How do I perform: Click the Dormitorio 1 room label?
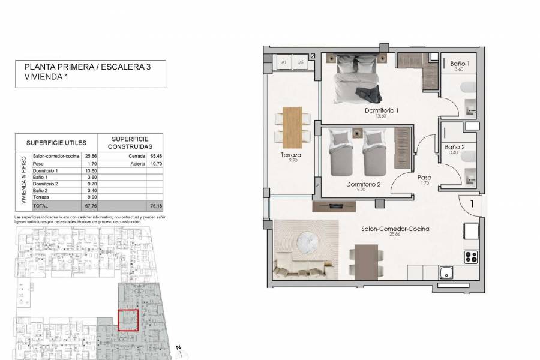tap(382, 110)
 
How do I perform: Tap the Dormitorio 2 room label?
tap(364, 184)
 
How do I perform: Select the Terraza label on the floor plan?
tap(294, 155)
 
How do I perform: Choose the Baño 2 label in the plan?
tap(454, 146)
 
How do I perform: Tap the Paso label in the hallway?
tap(425, 178)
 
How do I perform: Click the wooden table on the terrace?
tap(293, 126)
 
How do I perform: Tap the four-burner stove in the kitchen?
tap(472, 257)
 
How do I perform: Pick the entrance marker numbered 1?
tap(472, 204)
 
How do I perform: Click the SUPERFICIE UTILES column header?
tap(56, 143)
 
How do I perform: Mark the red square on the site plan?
tap(127, 320)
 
